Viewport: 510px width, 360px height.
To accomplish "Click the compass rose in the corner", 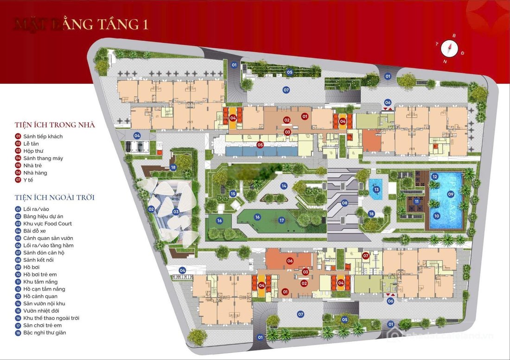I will [449, 47].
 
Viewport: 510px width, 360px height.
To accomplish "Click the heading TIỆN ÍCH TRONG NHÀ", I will [55, 125].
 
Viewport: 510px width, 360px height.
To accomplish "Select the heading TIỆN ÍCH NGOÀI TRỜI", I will [55, 198].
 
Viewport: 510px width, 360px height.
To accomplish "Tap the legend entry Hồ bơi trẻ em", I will [39, 274].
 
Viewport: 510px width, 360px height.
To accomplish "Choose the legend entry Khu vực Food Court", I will [47, 223].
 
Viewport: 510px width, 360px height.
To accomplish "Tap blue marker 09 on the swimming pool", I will [450, 194].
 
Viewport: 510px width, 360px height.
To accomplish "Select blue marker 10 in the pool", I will [436, 215].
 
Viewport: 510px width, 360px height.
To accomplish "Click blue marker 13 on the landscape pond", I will [377, 189].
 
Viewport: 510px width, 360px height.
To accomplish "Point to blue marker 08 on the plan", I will [344, 203].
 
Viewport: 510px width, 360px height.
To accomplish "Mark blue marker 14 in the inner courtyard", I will [284, 186].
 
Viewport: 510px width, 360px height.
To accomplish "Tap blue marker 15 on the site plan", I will [233, 194].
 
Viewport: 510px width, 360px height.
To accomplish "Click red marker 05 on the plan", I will [260, 145].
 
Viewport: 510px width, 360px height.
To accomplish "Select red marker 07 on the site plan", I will [365, 255].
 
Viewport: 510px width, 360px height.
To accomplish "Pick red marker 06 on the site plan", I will [290, 261].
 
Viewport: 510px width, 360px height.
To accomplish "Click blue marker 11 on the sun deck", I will [417, 202].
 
